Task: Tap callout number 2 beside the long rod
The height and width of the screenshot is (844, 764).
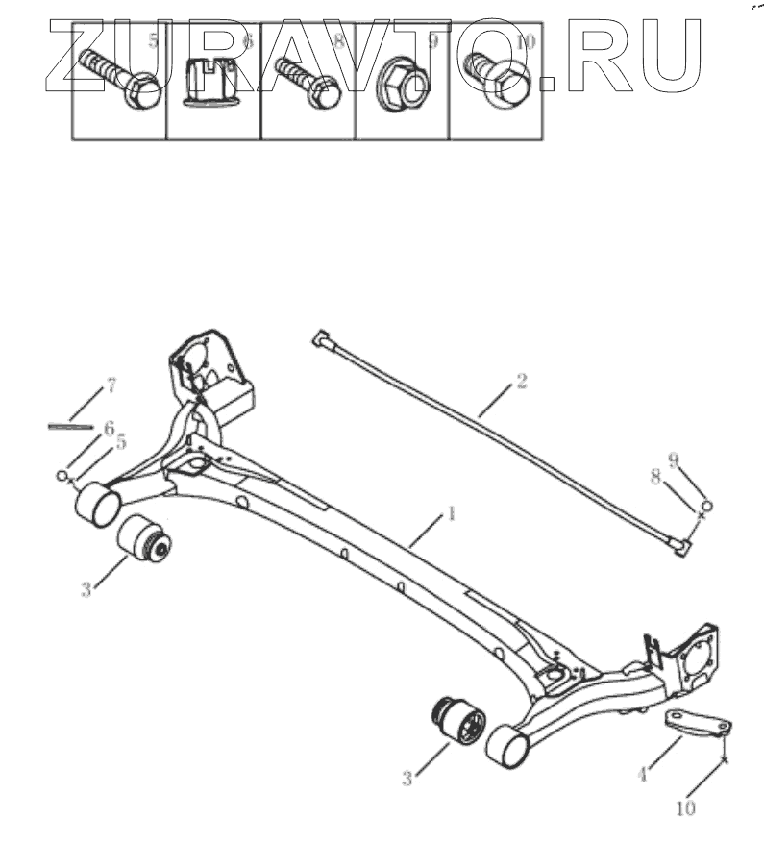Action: pos(520,381)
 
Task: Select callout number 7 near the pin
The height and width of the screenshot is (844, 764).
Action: pos(111,386)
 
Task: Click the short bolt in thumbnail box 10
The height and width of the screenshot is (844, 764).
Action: pos(500,83)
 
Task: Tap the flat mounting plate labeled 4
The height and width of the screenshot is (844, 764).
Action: pos(698,723)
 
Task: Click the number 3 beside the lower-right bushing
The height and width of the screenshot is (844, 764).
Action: pos(407,780)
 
